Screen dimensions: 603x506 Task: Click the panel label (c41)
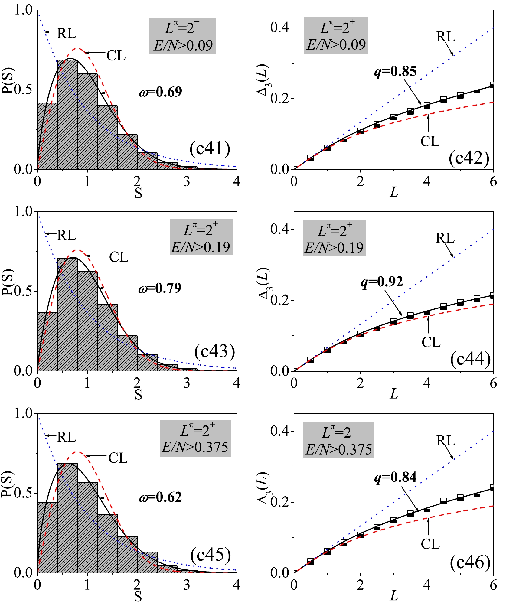pyautogui.click(x=210, y=148)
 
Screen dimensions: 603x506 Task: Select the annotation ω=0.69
pyautogui.click(x=161, y=92)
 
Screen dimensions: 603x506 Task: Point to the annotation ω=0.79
pyautogui.click(x=160, y=288)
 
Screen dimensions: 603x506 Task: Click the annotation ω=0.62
pyautogui.click(x=161, y=497)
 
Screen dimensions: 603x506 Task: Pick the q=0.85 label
pyautogui.click(x=395, y=71)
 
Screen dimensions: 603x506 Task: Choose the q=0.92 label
pyautogui.click(x=382, y=282)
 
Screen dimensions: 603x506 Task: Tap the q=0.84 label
pyautogui.click(x=395, y=477)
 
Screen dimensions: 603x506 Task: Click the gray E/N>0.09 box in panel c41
pyautogui.click(x=182, y=36)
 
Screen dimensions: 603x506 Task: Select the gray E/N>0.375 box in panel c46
pyautogui.click(x=338, y=440)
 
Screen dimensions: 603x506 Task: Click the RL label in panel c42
pyautogui.click(x=446, y=37)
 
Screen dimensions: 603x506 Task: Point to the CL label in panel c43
pyautogui.click(x=119, y=257)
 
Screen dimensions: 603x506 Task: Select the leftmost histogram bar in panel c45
pyautogui.click(x=47, y=537)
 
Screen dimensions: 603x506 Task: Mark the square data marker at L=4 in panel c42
pyautogui.click(x=427, y=106)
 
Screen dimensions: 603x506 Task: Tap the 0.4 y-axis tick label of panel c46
pyautogui.click(x=278, y=431)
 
